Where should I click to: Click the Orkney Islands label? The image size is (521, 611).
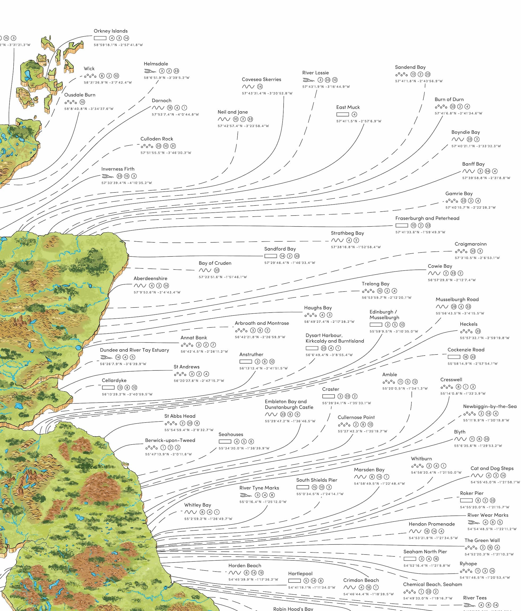pos(110,31)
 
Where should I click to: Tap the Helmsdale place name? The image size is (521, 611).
pos(156,64)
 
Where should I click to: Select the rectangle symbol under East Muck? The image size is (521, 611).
pos(342,114)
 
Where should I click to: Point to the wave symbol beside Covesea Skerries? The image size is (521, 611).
pos(248,87)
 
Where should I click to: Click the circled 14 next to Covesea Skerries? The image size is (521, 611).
pos(260,87)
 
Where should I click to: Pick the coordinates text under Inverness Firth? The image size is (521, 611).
pos(127,183)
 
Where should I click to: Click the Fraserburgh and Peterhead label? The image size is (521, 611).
pos(427,218)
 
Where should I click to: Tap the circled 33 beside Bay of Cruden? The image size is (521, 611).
pos(217,270)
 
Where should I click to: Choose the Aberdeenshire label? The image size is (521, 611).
pos(150,278)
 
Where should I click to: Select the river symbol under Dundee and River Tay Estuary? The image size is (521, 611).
pos(106,357)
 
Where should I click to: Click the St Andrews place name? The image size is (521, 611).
pos(187,367)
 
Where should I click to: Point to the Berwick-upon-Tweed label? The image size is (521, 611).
pos(170,440)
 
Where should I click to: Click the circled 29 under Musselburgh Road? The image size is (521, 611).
pos(454,307)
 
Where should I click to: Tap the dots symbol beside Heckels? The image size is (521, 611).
pos(466,332)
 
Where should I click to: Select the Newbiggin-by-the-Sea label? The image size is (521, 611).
pos(490,406)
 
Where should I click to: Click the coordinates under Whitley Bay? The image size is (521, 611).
pos(208,519)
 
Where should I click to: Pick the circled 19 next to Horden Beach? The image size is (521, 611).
pos(261,573)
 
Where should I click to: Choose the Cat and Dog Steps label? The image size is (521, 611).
pos(492,468)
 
